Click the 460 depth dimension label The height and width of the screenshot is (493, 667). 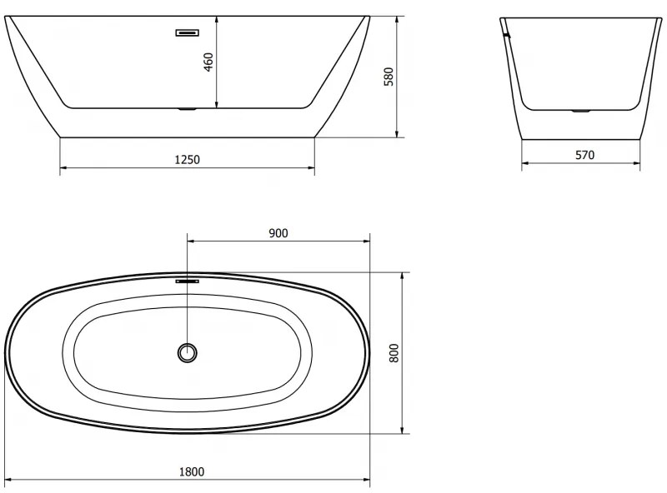click(x=208, y=62)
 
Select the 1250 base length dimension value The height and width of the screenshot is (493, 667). click(x=188, y=159)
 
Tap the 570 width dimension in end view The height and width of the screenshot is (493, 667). click(x=584, y=155)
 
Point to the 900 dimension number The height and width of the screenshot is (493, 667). click(x=278, y=233)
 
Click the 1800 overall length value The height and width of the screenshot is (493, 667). click(x=191, y=471)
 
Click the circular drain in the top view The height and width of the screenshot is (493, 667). click(x=188, y=352)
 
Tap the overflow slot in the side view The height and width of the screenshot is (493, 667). click(x=188, y=32)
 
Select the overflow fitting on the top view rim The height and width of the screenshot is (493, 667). click(x=188, y=281)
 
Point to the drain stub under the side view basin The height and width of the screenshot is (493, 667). click(x=188, y=108)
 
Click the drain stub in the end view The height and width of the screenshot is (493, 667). click(x=581, y=110)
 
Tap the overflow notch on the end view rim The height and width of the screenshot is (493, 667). click(x=505, y=35)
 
